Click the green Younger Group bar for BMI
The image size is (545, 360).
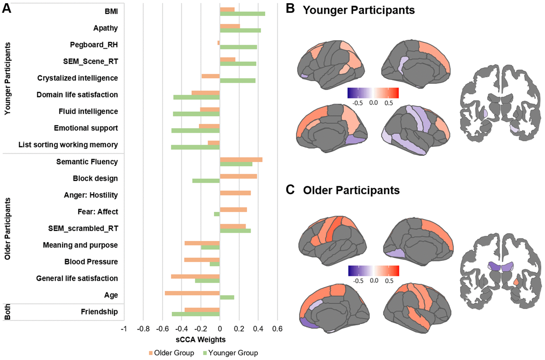point(242,14)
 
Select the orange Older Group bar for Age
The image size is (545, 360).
point(192,293)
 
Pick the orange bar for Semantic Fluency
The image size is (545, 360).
point(241,160)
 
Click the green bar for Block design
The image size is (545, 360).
point(206,181)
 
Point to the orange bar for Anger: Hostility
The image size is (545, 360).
point(235,193)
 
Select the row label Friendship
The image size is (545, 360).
point(99,312)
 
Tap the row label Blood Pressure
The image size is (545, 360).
point(91,262)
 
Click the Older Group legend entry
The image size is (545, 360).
point(168,353)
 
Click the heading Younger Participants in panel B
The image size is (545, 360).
point(359,10)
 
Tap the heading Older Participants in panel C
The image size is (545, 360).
point(351,190)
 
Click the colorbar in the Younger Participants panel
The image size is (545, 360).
point(373,93)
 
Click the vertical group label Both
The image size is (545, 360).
point(8,312)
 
